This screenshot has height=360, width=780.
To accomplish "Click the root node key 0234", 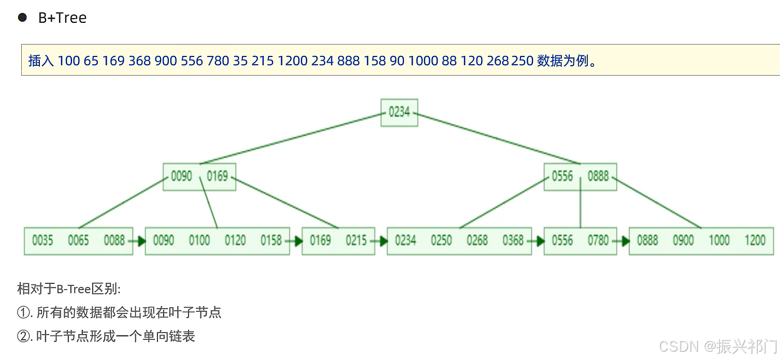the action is tap(399, 112).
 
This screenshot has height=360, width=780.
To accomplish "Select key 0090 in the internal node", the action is tap(181, 176).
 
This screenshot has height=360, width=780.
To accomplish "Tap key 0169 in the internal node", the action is tap(218, 176).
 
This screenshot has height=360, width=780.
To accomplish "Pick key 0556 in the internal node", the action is tap(562, 176).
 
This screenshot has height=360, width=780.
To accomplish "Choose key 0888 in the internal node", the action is tap(598, 176).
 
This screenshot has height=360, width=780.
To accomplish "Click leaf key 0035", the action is tap(42, 240).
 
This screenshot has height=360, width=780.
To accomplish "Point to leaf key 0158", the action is tap(271, 240).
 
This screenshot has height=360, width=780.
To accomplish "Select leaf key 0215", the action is tap(356, 240).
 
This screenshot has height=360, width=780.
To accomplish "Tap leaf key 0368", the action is tap(513, 240).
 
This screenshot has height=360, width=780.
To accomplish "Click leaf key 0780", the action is tap(598, 240).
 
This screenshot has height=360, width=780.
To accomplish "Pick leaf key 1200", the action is tap(755, 240).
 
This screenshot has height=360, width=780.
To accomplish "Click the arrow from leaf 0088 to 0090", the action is tap(137, 241).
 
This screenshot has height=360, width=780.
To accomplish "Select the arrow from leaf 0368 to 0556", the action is tap(536, 241).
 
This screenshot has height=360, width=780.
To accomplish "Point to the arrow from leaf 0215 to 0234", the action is tap(379, 241).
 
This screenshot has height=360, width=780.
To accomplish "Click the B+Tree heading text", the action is tap(62, 18).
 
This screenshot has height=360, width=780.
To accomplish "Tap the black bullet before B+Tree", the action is tap(22, 18).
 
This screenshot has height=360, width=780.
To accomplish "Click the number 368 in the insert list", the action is tap(139, 61).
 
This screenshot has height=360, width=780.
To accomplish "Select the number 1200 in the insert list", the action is tap(293, 61).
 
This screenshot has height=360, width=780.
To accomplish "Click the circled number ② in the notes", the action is tap(23, 336).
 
